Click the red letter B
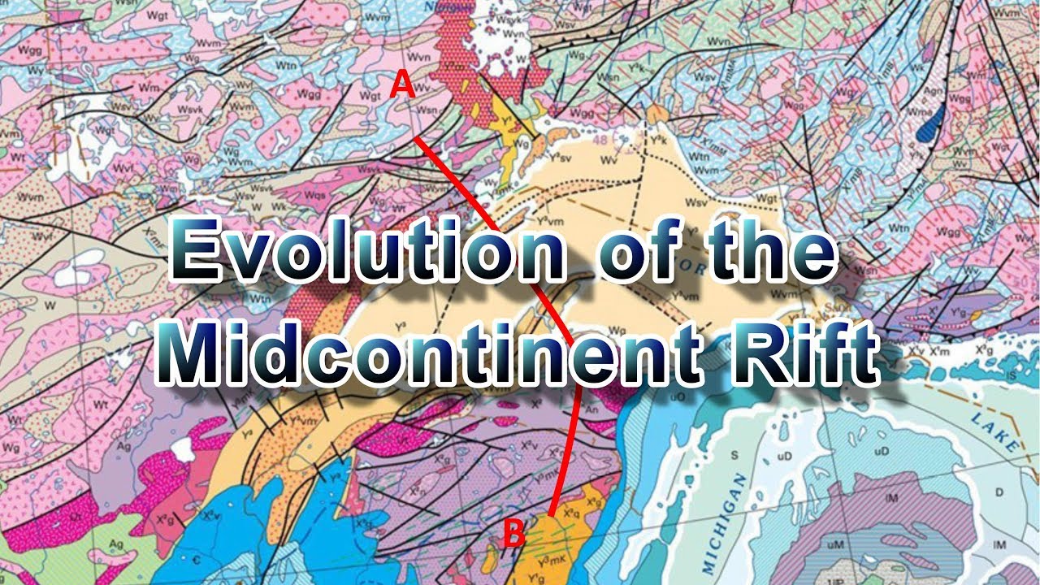[x=513, y=534]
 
